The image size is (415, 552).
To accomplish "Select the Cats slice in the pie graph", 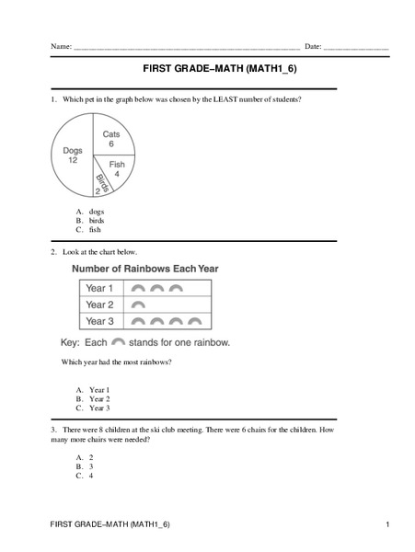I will point(110,139).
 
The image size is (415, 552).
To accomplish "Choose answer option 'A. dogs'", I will point(89,211).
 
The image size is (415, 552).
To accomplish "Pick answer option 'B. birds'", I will point(90,221).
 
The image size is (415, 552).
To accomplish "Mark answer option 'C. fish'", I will point(89,231).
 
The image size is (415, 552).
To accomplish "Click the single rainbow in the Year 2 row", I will point(139,305).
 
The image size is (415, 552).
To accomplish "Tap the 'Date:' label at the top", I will point(313,45).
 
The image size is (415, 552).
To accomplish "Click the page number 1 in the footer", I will point(389,523).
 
